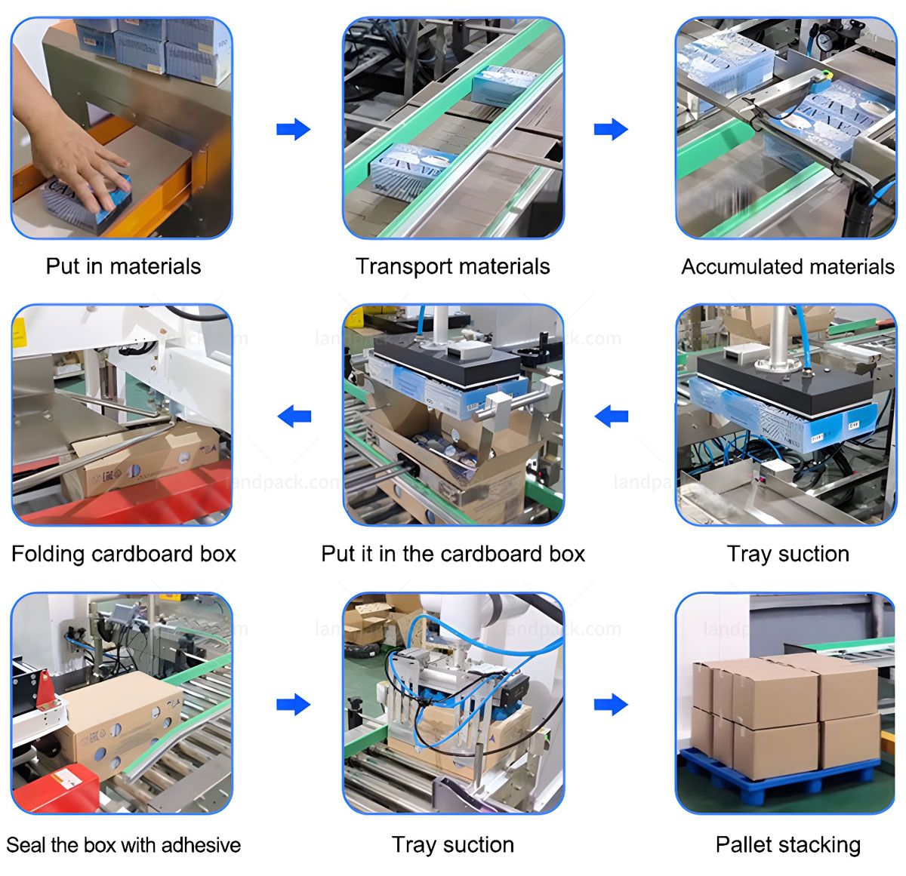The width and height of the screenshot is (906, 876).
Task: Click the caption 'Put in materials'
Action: pyautogui.click(x=123, y=266)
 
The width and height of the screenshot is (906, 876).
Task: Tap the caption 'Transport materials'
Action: pyautogui.click(x=452, y=266)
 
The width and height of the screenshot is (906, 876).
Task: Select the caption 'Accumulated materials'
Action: pyautogui.click(x=787, y=266)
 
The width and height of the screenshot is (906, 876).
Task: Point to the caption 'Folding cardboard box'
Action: pyautogui.click(x=124, y=554)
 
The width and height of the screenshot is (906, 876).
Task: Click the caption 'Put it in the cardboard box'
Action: pyautogui.click(x=453, y=554)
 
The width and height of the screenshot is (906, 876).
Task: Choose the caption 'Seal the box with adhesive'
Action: pyautogui.click(x=123, y=844)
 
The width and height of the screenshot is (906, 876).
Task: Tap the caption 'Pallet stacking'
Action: pyautogui.click(x=787, y=844)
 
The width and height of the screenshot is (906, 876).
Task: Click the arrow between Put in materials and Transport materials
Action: pyautogui.click(x=293, y=129)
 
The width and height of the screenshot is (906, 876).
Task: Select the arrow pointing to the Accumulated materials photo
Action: pyautogui.click(x=611, y=129)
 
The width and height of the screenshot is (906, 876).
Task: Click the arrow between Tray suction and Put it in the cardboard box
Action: pyautogui.click(x=611, y=416)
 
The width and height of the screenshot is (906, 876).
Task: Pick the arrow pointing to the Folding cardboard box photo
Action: pyautogui.click(x=294, y=416)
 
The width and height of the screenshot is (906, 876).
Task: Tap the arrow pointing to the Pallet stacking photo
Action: pyautogui.click(x=611, y=705)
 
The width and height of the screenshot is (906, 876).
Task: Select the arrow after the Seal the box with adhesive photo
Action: pyautogui.click(x=293, y=705)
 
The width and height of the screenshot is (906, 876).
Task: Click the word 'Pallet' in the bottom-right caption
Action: pyautogui.click(x=744, y=844)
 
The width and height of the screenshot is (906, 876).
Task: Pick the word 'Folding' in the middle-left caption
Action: pyautogui.click(x=48, y=554)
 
